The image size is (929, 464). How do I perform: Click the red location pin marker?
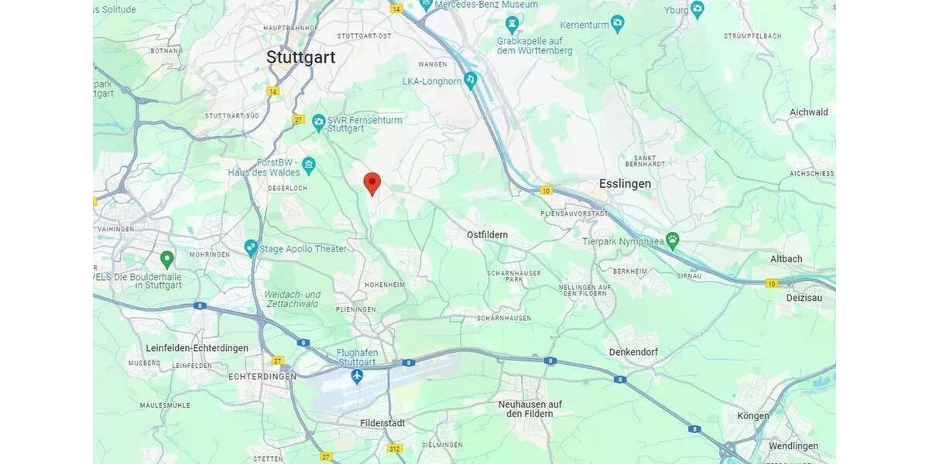click(x=372, y=183)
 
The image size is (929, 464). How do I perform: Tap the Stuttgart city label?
click(x=300, y=56)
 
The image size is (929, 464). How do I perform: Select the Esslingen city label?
click(x=625, y=184)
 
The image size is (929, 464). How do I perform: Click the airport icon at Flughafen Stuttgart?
click(x=357, y=377)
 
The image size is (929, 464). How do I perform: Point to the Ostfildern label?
click(x=487, y=234)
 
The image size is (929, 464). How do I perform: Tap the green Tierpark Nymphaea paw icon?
click(x=672, y=241)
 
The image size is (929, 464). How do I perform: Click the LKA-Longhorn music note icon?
click(x=471, y=80)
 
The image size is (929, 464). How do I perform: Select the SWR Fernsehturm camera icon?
click(x=318, y=121)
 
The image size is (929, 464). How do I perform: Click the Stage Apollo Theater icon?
click(x=250, y=248)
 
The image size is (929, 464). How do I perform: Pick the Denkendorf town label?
click(x=633, y=352)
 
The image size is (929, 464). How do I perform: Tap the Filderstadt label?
click(x=382, y=423)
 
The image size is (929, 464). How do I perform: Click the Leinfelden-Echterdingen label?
click(x=197, y=348)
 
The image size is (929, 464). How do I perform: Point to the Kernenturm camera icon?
click(x=617, y=24)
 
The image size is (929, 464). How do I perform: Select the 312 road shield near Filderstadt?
click(x=395, y=449)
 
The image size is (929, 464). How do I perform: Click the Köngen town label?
click(x=752, y=415)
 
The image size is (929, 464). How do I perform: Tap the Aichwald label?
click(x=808, y=112)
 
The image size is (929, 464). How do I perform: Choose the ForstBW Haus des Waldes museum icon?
click(x=309, y=165)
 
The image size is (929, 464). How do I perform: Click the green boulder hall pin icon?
click(x=166, y=259)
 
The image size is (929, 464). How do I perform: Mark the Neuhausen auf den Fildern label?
click(x=530, y=408)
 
